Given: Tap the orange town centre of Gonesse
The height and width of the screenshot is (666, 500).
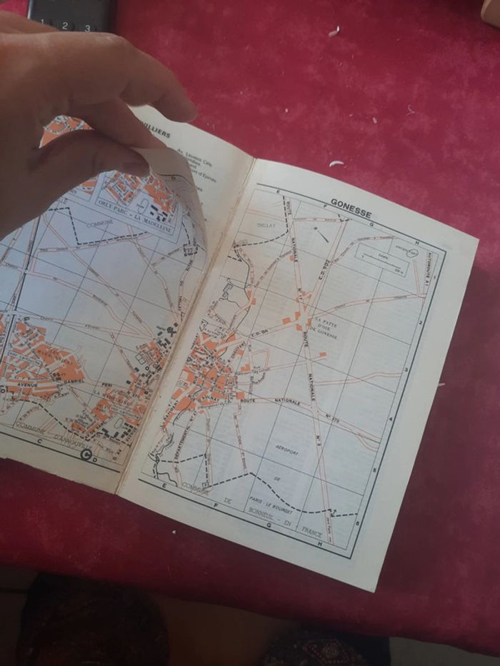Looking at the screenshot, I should (x=211, y=371).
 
